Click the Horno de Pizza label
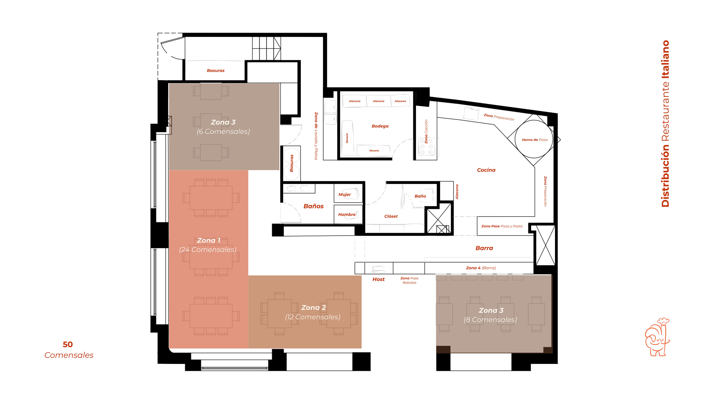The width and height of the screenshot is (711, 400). [534, 140]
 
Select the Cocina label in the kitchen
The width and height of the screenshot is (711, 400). [486, 170]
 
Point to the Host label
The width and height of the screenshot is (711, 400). [378, 279]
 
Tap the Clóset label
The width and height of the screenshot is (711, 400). [391, 216]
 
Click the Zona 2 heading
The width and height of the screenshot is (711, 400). [313, 308]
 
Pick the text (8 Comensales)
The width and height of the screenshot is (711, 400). [490, 320]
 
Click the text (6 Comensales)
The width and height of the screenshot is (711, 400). [223, 131]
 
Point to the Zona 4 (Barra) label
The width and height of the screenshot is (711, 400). [481, 268]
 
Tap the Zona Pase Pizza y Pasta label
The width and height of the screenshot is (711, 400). [502, 226]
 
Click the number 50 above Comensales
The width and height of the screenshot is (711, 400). [68, 344]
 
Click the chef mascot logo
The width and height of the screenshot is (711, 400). [657, 337]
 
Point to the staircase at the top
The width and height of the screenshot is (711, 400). [266, 48]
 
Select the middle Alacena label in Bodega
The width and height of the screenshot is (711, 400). [378, 101]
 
